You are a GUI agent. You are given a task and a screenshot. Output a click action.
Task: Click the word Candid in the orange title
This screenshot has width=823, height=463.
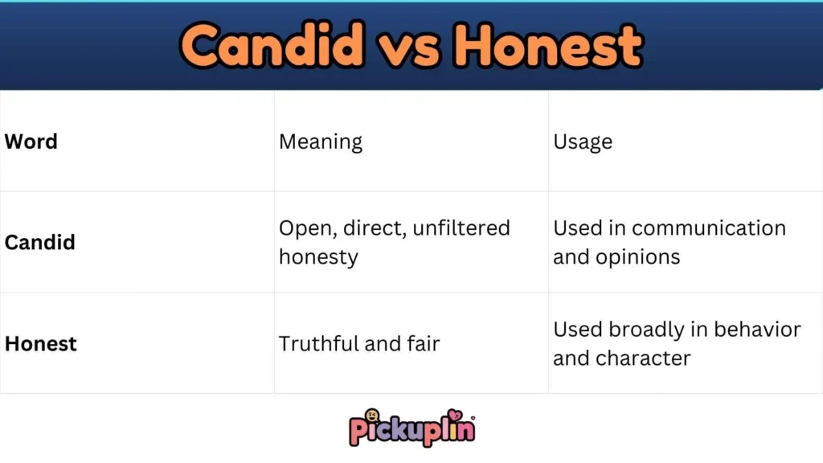[x=273, y=45]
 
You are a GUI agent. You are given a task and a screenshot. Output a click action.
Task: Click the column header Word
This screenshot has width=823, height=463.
[x=31, y=141]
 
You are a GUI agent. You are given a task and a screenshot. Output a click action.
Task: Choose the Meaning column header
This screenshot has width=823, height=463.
[x=321, y=142]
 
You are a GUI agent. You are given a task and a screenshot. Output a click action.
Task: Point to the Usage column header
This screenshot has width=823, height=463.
[x=583, y=142]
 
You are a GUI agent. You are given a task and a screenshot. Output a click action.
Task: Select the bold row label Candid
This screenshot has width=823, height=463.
[x=40, y=242]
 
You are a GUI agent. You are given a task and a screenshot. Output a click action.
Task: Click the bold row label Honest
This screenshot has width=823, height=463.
[x=41, y=343]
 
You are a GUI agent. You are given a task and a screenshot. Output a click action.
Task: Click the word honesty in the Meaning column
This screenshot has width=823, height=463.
[x=318, y=257]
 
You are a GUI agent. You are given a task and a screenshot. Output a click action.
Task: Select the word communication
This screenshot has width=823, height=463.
[x=708, y=228]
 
